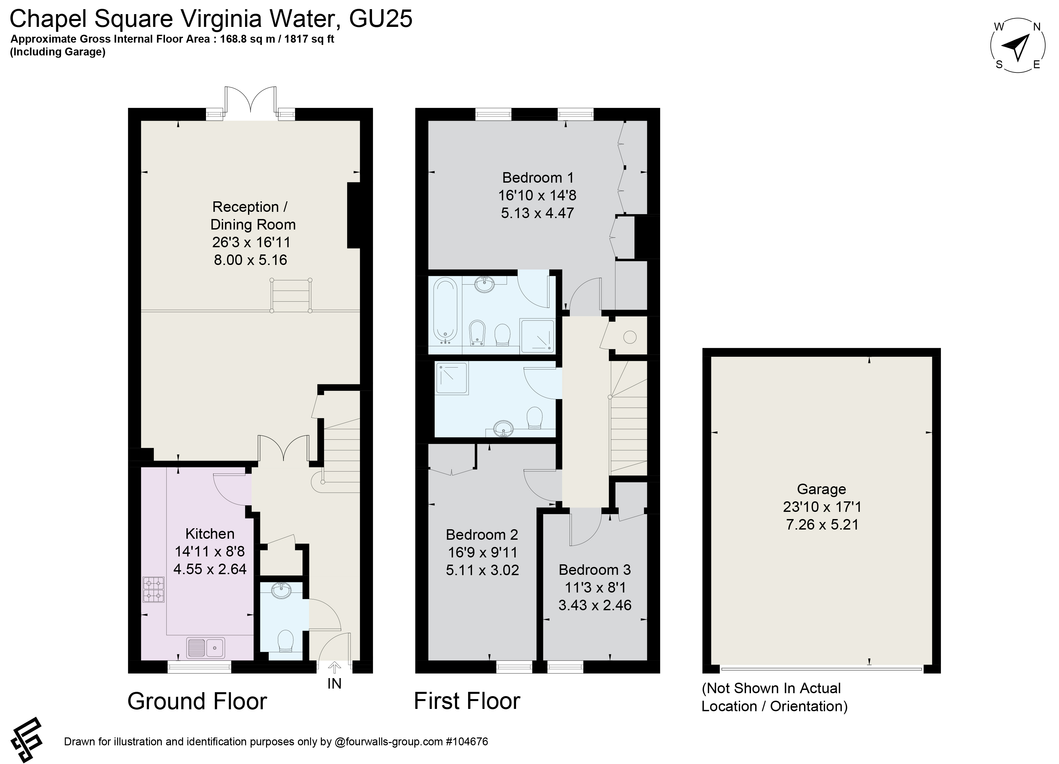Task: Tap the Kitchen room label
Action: [x=210, y=533]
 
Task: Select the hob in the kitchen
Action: [x=154, y=590]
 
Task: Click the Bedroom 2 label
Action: [x=482, y=534]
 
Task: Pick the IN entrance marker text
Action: [x=334, y=684]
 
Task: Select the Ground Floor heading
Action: [x=197, y=701]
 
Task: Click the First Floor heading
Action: [x=467, y=701]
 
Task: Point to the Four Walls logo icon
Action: [x=27, y=740]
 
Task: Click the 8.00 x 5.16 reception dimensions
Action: [x=250, y=260]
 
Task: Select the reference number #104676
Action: [x=467, y=742]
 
